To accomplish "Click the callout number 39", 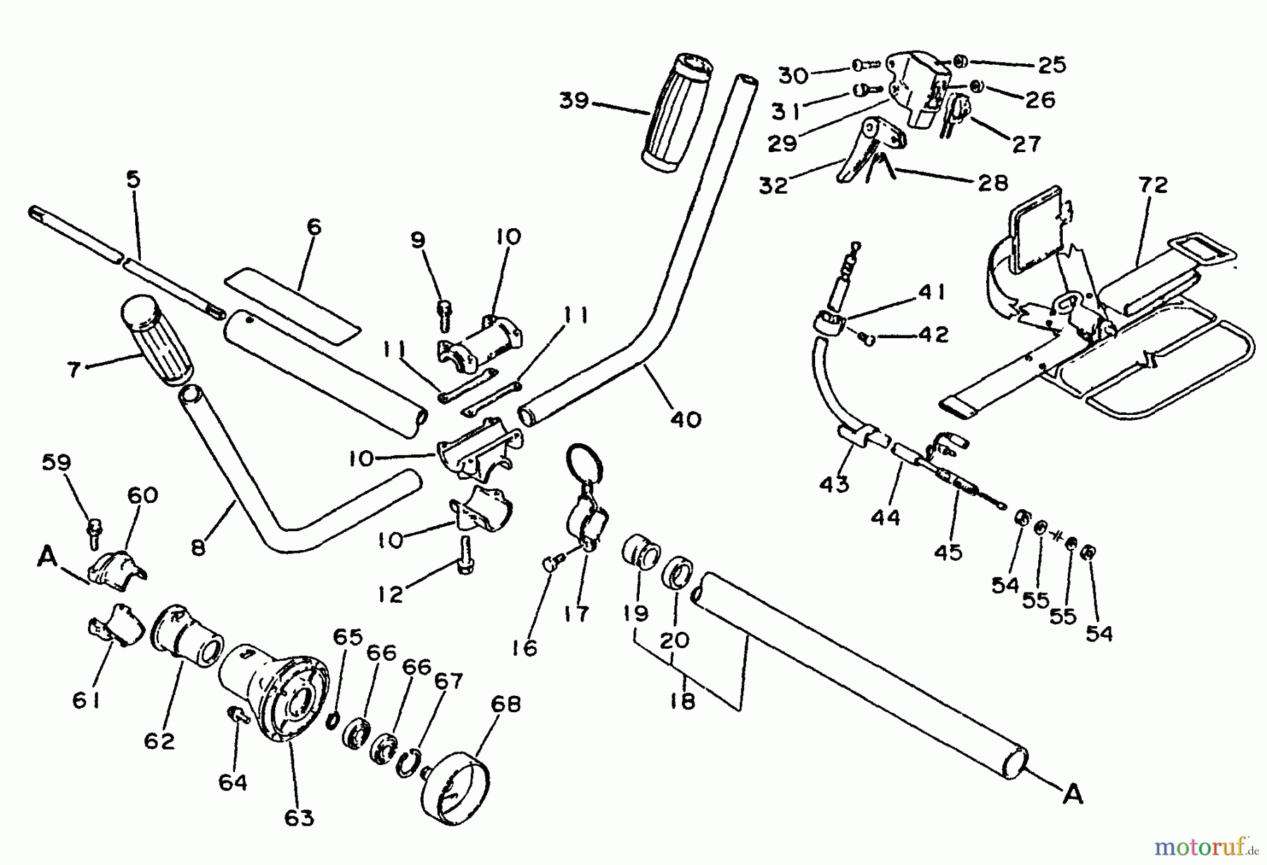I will tap(574, 101).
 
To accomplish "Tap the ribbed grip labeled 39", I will tap(676, 113).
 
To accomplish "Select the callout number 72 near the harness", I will tap(1152, 185).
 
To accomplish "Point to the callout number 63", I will tap(299, 818).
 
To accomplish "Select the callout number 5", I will tap(133, 180).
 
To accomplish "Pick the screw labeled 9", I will tap(444, 316).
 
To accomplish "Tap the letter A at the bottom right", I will tap(1072, 795).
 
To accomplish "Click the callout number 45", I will tap(947, 552).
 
